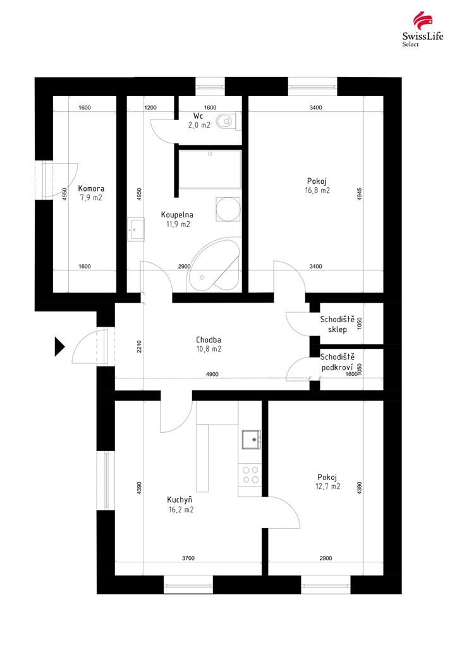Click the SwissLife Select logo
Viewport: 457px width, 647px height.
click(x=422, y=29)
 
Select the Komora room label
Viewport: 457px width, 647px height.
click(x=91, y=188)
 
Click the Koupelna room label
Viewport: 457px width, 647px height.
click(x=177, y=215)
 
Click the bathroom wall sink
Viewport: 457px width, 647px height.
click(x=136, y=229)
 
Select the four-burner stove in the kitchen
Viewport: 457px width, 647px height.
click(x=250, y=475)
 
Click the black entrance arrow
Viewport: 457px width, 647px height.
click(x=60, y=346)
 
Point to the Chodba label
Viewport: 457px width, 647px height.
click(x=209, y=340)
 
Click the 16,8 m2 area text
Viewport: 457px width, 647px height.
click(x=317, y=191)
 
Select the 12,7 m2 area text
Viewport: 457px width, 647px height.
click(x=328, y=487)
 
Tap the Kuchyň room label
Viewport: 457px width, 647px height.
click(x=180, y=500)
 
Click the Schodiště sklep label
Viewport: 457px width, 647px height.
click(x=338, y=324)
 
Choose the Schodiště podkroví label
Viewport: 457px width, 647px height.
click(x=338, y=362)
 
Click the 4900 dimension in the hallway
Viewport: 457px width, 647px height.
click(x=212, y=374)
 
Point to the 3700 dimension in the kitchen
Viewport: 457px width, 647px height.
click(x=188, y=559)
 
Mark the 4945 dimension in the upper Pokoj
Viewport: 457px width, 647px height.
click(x=359, y=195)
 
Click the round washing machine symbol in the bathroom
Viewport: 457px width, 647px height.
click(x=228, y=209)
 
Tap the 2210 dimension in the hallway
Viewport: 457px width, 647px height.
click(x=139, y=347)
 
